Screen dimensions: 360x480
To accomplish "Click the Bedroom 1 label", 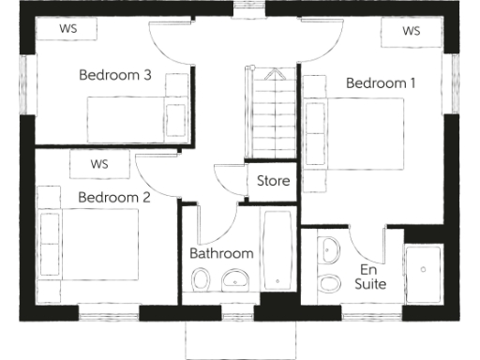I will pyautogui.click(x=381, y=82).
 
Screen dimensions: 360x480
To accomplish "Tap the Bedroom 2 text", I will pyautogui.click(x=114, y=197).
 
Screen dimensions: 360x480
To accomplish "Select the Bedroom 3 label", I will pyautogui.click(x=115, y=75).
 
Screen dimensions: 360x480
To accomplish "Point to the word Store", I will pyautogui.click(x=273, y=181).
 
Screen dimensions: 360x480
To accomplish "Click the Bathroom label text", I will pyautogui.click(x=221, y=253).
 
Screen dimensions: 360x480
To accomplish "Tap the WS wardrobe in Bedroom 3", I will pyautogui.click(x=67, y=28).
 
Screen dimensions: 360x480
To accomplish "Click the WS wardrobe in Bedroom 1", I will pyautogui.click(x=411, y=31).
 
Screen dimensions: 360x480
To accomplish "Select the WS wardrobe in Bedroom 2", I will pyautogui.click(x=99, y=164).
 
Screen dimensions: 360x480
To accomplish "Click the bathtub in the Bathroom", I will pyautogui.click(x=277, y=251).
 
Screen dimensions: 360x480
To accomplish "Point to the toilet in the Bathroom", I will pyautogui.click(x=201, y=279).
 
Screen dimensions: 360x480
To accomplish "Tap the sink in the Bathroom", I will pyautogui.click(x=236, y=279).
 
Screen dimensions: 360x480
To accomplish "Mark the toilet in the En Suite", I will pyautogui.click(x=330, y=283).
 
